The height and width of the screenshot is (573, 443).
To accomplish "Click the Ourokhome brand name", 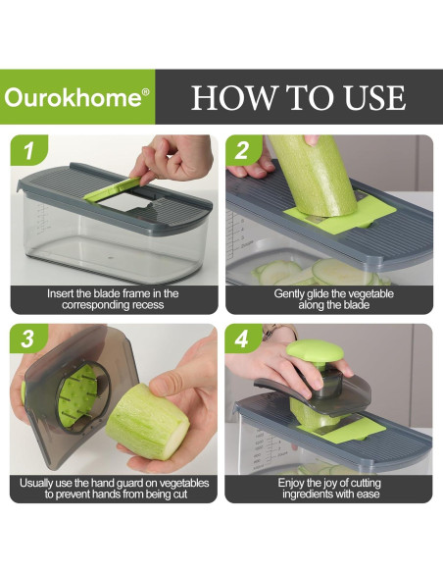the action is click(73, 97).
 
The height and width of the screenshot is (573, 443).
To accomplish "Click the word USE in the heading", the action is click(374, 97).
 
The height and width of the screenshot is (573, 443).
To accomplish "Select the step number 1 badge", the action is click(28, 150).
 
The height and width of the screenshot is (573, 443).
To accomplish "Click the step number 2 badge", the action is click(242, 150).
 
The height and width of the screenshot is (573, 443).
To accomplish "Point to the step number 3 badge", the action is click(27, 339).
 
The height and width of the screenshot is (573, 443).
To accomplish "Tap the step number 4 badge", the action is click(242, 339).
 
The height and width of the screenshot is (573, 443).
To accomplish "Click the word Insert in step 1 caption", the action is click(61, 293).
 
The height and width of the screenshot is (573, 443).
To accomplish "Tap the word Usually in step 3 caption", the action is click(36, 484).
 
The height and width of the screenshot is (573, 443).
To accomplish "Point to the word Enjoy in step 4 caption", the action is click(291, 484).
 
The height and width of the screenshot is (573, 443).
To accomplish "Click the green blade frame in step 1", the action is click(113, 189).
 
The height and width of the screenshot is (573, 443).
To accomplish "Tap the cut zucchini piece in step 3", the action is click(148, 421).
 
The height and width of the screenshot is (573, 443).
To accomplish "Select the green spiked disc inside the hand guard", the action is click(76, 396).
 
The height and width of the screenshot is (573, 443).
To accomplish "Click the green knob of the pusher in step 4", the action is click(315, 350).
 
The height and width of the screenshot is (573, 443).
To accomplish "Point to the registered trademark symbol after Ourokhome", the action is click(145, 92).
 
